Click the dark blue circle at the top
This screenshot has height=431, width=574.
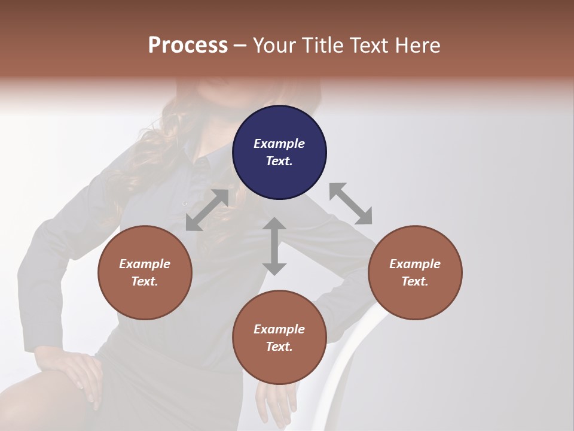[279, 153]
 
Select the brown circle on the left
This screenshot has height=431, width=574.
[145, 272]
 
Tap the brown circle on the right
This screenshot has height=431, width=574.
[414, 272]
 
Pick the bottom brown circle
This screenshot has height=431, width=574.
[279, 338]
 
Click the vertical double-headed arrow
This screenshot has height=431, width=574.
[274, 246]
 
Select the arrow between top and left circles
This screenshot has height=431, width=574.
[207, 210]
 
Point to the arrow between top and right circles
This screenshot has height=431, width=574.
[350, 204]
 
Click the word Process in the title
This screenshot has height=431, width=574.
[188, 45]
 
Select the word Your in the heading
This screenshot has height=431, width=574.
[273, 45]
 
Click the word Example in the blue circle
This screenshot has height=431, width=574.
[279, 144]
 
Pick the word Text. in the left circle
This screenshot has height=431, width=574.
[145, 281]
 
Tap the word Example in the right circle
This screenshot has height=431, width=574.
[414, 264]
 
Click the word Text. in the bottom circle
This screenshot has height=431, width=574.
[279, 347]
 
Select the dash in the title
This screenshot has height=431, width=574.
[240, 45]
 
